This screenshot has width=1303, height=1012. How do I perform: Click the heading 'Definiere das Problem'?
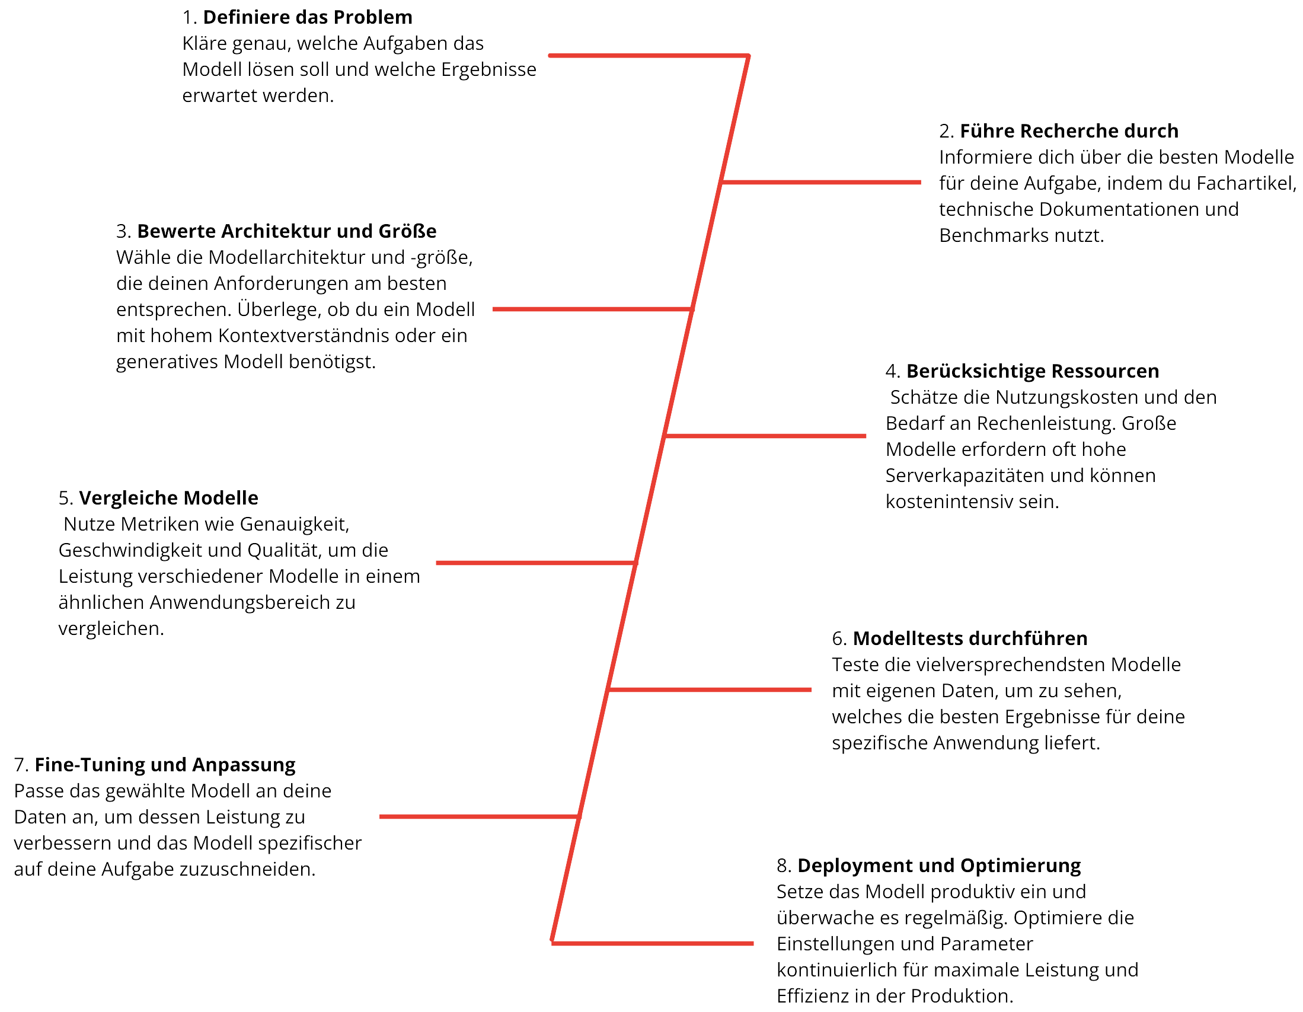click(x=307, y=17)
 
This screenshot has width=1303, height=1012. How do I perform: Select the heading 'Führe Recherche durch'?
click(x=1068, y=130)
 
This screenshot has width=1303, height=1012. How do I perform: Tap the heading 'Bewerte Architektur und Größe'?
click(x=286, y=231)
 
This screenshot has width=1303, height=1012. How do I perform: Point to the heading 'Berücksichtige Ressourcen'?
click(x=1032, y=371)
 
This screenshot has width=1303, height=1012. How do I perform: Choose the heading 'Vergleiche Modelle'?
click(x=168, y=497)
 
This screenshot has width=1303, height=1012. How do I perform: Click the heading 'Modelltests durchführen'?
click(x=969, y=639)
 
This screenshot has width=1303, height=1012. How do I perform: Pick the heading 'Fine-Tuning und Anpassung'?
click(x=165, y=765)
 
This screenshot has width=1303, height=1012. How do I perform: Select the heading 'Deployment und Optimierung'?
click(x=938, y=865)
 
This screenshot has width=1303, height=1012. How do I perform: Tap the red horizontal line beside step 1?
click(x=647, y=56)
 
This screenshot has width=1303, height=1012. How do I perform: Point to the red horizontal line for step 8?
click(x=653, y=943)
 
